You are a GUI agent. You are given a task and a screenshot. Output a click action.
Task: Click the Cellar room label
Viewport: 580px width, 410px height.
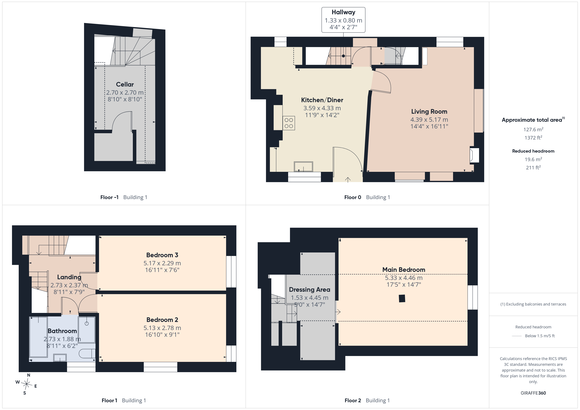125,84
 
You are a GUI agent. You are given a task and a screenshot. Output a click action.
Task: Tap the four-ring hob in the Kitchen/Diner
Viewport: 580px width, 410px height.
289,123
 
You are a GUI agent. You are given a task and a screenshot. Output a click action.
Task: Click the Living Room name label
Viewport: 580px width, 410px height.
429,112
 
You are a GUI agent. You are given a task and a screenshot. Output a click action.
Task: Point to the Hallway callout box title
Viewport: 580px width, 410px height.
343,12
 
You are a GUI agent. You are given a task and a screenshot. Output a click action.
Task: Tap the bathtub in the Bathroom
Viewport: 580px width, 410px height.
39,337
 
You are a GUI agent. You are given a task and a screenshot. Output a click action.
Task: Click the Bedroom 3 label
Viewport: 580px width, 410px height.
162,255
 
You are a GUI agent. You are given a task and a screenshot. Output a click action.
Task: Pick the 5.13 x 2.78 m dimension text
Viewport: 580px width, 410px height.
162,328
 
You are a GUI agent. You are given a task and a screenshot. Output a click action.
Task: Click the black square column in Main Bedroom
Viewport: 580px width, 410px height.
402,298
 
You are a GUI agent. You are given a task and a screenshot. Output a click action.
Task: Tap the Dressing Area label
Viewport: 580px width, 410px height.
309,290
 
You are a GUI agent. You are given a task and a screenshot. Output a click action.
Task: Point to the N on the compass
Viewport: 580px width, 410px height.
29,375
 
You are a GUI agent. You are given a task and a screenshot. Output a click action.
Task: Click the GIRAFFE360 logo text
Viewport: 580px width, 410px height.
533,393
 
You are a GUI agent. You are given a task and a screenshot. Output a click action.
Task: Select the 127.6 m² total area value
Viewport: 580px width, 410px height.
533,129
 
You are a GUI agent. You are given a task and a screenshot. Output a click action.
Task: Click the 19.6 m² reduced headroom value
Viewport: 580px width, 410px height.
533,159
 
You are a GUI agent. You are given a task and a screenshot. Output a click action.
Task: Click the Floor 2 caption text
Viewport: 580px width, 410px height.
353,400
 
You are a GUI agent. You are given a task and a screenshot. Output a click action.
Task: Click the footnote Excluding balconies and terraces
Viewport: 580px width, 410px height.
533,304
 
